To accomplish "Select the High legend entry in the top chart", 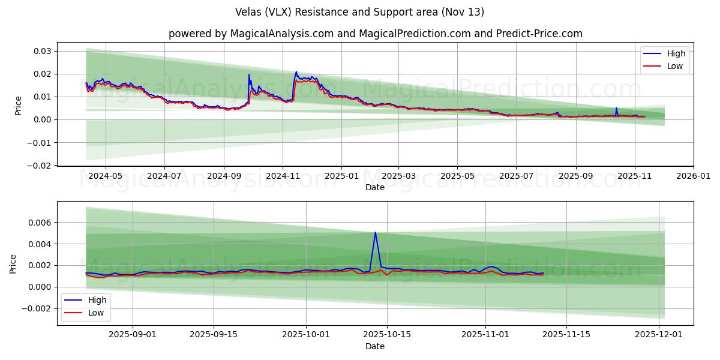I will point(676,53).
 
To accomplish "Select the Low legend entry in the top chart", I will point(675,66).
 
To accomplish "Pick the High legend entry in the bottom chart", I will point(97,300).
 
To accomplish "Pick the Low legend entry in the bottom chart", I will point(95,313).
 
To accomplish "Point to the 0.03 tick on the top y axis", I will point(42,51).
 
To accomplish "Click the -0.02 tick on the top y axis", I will point(40,165).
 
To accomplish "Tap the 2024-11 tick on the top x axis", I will point(283,176).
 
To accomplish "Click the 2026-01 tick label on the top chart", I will point(694,176).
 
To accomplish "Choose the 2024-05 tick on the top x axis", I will point(106,176).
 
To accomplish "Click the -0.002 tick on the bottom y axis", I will point(37,308).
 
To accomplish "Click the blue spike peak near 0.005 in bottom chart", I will point(376,232).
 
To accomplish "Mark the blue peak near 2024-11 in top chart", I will point(296,71).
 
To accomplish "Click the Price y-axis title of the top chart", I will point(18,106).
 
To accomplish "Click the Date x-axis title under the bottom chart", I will point(375,346).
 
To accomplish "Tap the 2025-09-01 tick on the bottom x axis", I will point(133,335).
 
